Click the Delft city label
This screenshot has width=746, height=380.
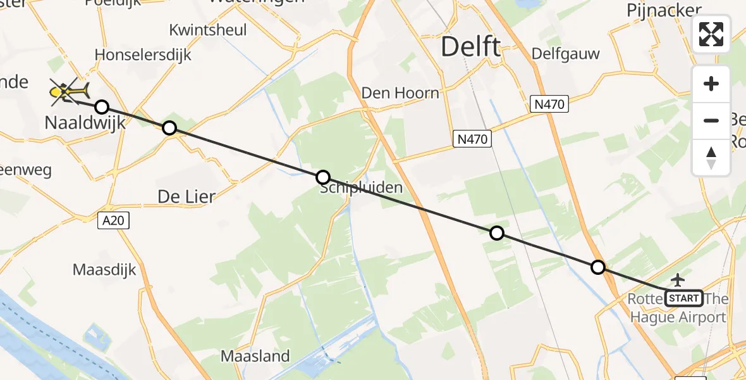[x=471, y=47]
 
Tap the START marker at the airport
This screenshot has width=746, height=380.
[x=684, y=298]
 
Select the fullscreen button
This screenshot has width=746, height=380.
[x=711, y=34]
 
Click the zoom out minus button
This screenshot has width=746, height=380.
[x=711, y=120]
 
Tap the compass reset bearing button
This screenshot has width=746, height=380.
[x=711, y=158]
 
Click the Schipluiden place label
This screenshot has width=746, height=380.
[x=361, y=188]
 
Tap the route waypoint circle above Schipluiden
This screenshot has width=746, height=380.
[x=322, y=177]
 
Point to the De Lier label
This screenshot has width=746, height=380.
[x=186, y=197]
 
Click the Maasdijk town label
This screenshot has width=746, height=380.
[x=104, y=270]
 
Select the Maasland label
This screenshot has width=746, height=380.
[x=255, y=356]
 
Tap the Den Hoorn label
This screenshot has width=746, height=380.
[x=400, y=93]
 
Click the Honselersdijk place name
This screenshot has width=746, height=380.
[x=143, y=55]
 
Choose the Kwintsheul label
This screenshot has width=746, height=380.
[x=207, y=30]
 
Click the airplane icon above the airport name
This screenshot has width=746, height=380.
[x=678, y=279]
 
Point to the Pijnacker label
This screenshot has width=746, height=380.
[x=664, y=10]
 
